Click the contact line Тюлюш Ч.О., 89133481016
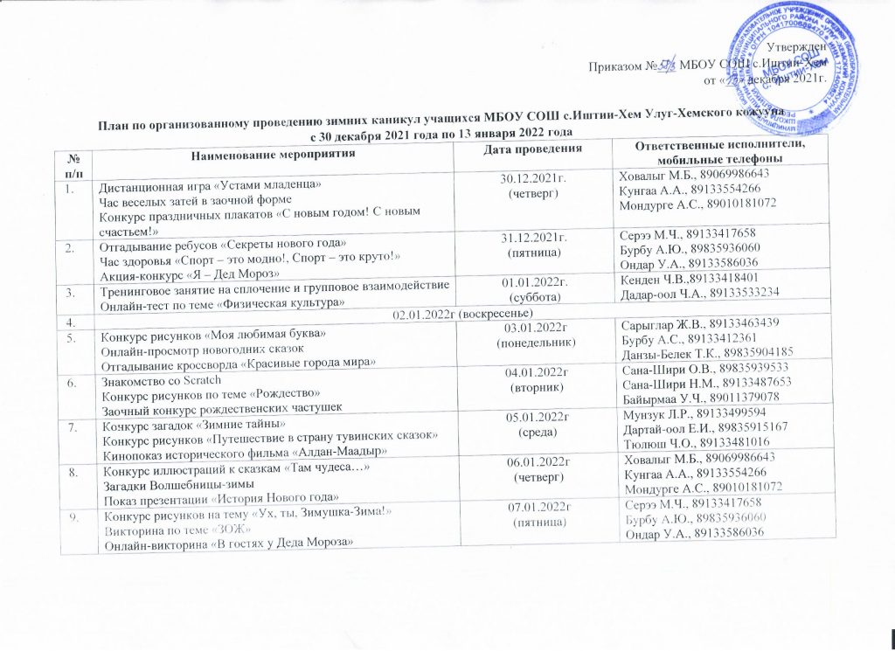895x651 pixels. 698,444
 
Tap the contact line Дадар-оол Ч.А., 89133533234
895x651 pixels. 698,293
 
